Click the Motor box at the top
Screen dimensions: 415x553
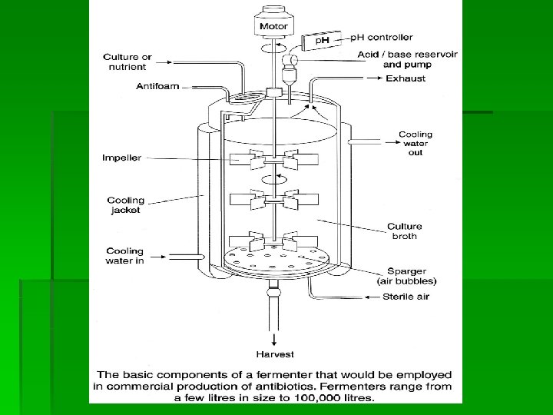(273, 25)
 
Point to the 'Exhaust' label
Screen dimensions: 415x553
(405, 78)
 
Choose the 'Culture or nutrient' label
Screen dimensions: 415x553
(127, 62)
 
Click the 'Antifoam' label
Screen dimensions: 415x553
(157, 86)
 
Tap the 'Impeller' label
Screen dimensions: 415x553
(121, 158)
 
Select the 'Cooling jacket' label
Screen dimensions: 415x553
(125, 205)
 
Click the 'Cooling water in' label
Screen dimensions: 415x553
(124, 256)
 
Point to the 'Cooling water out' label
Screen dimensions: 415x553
(415, 144)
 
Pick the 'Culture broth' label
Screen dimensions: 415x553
(404, 231)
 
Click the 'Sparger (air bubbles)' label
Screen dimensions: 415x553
(406, 277)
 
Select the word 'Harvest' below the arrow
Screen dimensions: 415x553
(273, 354)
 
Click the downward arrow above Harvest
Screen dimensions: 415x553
(273, 338)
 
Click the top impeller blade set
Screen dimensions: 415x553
(273, 163)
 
